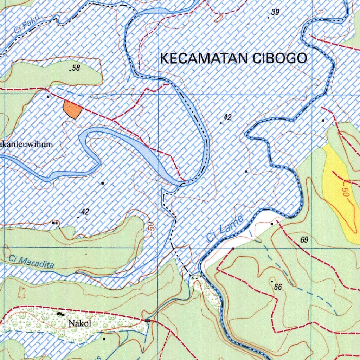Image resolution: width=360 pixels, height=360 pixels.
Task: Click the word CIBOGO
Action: pyautogui.click(x=280, y=58)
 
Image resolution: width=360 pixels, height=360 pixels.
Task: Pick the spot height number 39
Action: pyautogui.click(x=275, y=13)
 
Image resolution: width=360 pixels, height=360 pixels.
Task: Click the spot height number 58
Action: pyautogui.click(x=76, y=68)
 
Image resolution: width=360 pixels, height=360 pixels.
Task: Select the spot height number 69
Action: pyautogui.click(x=304, y=240)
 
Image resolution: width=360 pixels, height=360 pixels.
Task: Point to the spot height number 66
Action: pyautogui.click(x=278, y=287)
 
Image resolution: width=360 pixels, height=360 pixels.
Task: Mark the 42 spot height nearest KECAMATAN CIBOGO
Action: pyautogui.click(x=227, y=118)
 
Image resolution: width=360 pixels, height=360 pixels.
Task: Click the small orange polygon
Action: pyautogui.click(x=72, y=109)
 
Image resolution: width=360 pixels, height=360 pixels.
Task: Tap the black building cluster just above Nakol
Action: pyautogui.click(x=60, y=314)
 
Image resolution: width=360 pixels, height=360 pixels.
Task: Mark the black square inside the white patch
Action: pyautogui.click(x=272, y=224)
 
